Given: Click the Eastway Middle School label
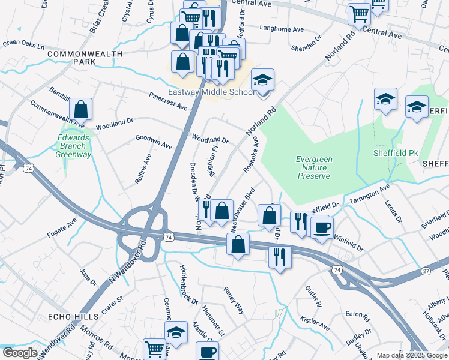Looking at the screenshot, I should (x=211, y=92).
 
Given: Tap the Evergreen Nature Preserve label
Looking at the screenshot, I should (x=313, y=168).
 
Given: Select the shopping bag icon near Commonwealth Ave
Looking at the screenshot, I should (x=80, y=110).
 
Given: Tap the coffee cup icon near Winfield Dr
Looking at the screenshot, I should (x=321, y=228).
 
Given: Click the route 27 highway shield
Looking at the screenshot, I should (x=425, y=271).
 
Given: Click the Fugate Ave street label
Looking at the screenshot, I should (x=63, y=226).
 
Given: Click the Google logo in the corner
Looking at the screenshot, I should (x=20, y=353).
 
